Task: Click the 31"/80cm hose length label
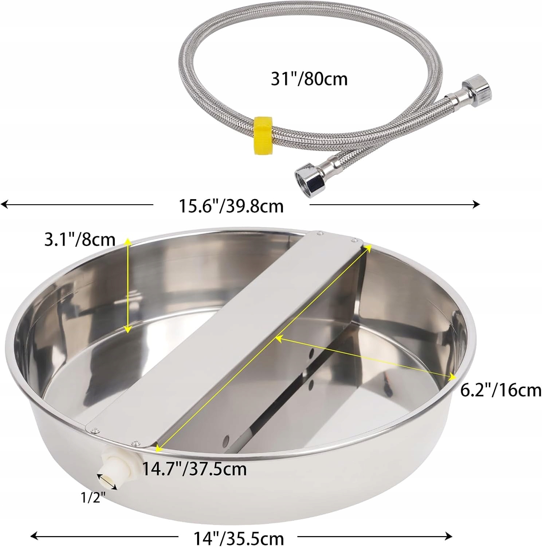coord(309,79)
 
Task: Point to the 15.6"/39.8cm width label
coord(231,206)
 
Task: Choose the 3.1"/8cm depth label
coord(79,240)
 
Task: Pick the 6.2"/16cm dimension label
coord(501,391)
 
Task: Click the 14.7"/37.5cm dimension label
coord(194,469)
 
